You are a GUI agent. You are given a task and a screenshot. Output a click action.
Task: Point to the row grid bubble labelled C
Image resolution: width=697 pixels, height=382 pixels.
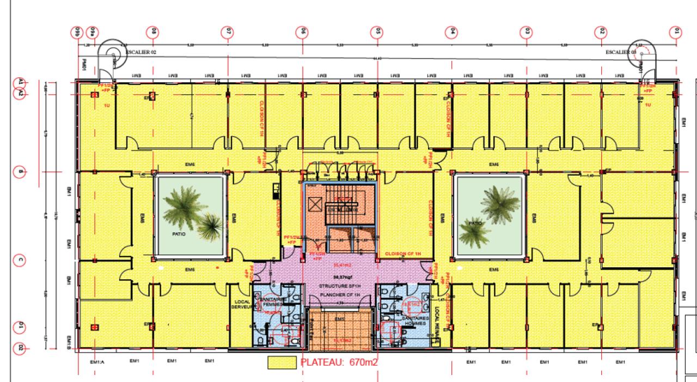tap(21, 260)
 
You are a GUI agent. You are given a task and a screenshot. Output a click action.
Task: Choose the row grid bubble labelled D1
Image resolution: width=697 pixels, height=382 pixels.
tap(21, 326)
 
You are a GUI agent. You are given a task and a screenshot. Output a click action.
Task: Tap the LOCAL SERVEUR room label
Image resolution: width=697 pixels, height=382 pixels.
tap(242, 304)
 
